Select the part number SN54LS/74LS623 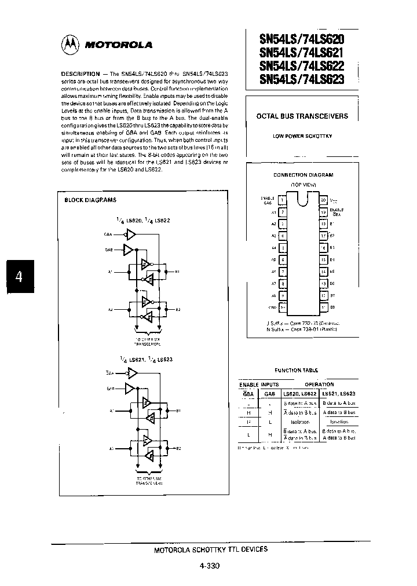click(x=301, y=80)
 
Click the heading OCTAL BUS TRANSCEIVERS click(x=302, y=116)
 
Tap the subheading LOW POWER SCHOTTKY click(x=302, y=136)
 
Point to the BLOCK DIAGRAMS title click(x=90, y=200)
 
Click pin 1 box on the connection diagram click(x=282, y=200)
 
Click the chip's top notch click(x=303, y=199)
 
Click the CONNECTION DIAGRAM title click(x=303, y=174)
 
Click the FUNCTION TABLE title click(x=296, y=370)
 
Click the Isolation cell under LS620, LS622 click(x=299, y=423)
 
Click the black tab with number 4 click(x=19, y=276)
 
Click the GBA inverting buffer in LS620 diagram click(x=131, y=235)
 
